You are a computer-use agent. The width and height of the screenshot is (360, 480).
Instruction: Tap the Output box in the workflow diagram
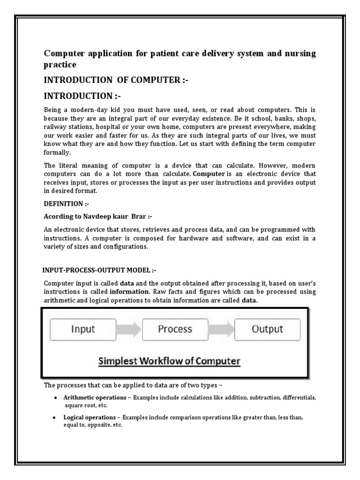pyautogui.click(x=267, y=330)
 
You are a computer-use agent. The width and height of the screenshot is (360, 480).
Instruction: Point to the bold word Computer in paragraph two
pyautogui.click(x=201, y=174)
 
